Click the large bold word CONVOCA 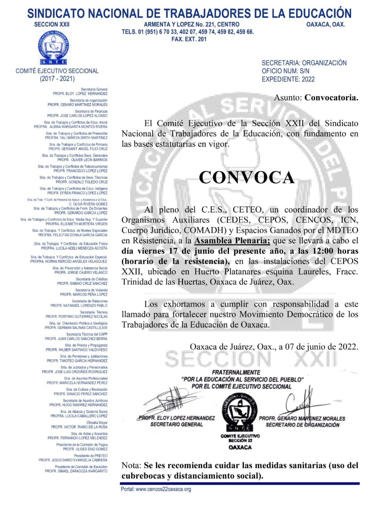click(247, 177)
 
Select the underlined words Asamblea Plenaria click(232, 241)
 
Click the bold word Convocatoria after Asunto click(331, 97)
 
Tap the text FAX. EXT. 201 click(189, 39)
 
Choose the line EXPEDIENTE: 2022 click(288, 79)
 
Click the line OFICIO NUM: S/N click(285, 71)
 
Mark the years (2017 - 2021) click(57, 79)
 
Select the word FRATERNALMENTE click(236, 372)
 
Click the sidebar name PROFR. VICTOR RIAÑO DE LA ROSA click(79, 427)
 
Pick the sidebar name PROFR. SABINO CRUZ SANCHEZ click(82, 283)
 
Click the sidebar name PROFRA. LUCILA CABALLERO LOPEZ click(79, 416)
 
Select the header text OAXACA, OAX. click(326, 24)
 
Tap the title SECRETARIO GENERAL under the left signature click(177, 424)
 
